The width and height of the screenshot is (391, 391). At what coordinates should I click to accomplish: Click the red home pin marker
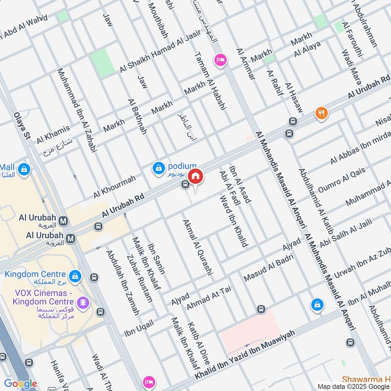coord(195,176)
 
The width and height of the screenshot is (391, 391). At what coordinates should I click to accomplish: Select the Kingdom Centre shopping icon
coord(75,276)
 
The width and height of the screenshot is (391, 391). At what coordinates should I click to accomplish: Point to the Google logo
coord(21,384)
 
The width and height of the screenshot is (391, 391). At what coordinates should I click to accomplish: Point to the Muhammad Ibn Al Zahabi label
coord(76,107)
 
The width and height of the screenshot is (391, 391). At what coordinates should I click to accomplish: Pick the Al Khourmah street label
coord(114,187)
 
